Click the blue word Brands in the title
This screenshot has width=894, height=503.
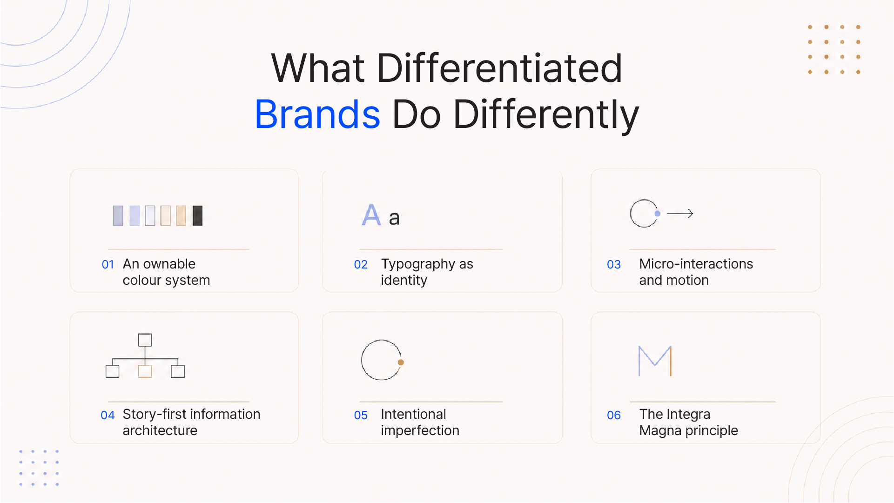317,114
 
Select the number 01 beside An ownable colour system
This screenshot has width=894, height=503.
108,265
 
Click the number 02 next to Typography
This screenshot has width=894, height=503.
361,265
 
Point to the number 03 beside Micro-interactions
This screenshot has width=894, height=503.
614,265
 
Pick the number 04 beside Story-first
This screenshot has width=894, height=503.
108,416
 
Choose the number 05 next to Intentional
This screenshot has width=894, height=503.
361,416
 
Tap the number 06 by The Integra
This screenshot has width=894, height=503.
614,416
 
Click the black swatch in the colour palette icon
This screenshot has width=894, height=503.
198,216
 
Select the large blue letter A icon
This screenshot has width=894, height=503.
371,215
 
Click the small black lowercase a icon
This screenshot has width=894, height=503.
394,218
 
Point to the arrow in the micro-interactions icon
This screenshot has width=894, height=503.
680,214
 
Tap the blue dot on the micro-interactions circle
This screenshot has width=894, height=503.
657,214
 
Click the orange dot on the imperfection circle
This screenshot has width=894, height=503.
401,362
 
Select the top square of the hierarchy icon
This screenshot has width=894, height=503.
145,340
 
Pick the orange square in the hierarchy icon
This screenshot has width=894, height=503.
145,371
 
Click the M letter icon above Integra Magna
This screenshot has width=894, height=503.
655,361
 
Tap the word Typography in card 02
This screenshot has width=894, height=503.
419,264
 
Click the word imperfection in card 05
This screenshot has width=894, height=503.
420,431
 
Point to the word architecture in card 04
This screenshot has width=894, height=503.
160,431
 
